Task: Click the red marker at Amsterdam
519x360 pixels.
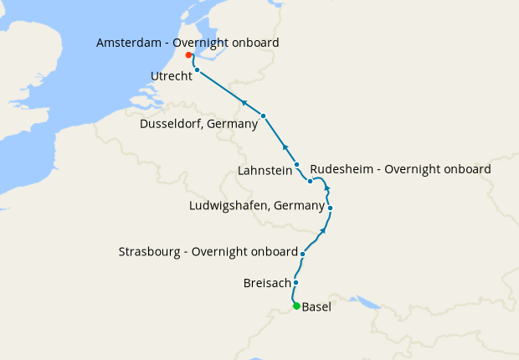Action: [x=188, y=55]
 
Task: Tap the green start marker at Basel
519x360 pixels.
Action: [x=296, y=306]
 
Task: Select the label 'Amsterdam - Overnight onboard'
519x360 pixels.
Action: [x=188, y=42]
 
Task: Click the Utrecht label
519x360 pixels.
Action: [x=172, y=76]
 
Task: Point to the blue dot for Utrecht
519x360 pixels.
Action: [x=197, y=71]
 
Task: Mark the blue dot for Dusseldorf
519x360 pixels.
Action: [x=263, y=116]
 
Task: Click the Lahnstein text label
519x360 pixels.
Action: [x=265, y=170]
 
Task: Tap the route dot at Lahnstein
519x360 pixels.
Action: [x=296, y=165]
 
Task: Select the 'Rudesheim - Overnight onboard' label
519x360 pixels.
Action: [x=400, y=169]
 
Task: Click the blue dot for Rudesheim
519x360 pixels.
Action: [x=310, y=181]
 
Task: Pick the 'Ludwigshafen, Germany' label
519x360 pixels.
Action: [x=257, y=205]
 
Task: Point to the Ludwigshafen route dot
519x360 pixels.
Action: [x=331, y=208]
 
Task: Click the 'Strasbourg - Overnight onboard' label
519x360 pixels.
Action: [x=208, y=251]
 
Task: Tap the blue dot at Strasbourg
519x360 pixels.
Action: [x=302, y=253]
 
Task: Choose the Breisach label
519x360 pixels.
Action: [x=267, y=283]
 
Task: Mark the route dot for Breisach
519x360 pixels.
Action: [x=295, y=283]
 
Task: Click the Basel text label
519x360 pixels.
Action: [x=316, y=307]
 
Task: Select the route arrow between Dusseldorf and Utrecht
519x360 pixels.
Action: [x=244, y=102]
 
